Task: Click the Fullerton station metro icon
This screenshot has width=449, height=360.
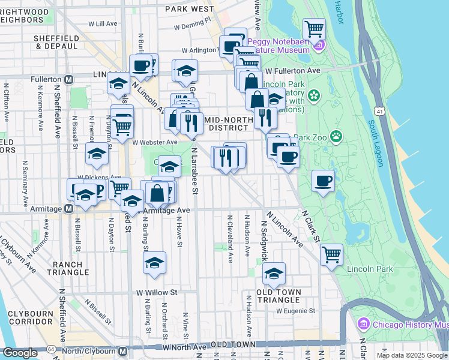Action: tap(69, 79)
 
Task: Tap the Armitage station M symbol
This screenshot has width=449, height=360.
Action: tap(69, 209)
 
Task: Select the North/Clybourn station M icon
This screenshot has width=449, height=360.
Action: tap(122, 350)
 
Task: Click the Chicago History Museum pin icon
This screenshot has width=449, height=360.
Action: tap(363, 325)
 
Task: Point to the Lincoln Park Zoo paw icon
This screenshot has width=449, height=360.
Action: tap(336, 137)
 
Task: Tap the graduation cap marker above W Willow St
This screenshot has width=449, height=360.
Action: tap(154, 262)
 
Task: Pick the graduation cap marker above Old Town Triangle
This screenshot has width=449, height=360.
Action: tap(274, 273)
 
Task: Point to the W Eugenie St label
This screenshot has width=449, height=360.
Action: tap(295, 311)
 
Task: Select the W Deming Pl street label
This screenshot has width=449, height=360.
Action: tap(192, 26)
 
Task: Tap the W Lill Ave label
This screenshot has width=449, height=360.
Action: tap(103, 24)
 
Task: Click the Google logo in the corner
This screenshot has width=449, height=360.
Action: tap(20, 353)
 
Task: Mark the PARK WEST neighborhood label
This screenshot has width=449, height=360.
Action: tap(189, 9)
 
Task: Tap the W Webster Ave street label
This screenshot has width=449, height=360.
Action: tap(155, 142)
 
